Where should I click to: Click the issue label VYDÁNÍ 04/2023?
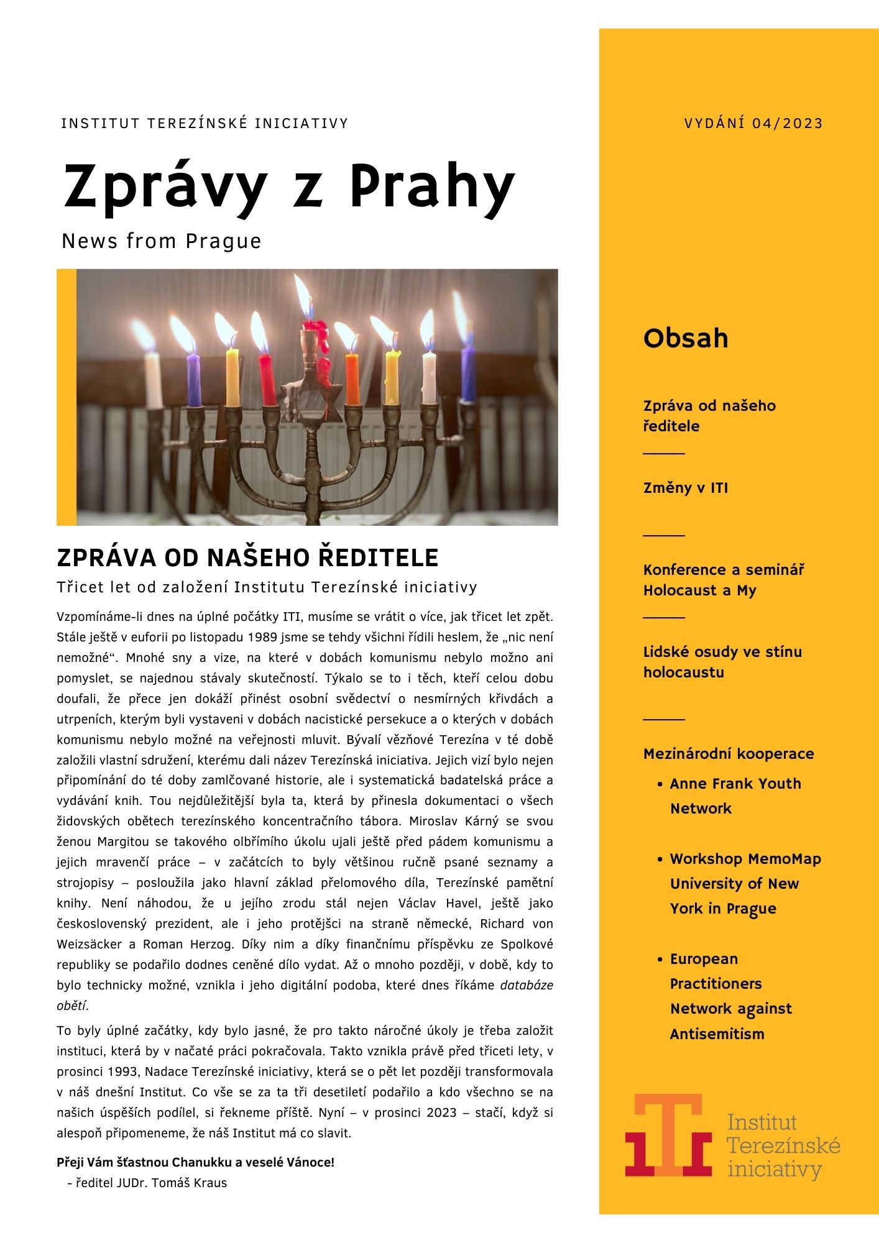point(753,123)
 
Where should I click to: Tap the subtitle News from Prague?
point(162,241)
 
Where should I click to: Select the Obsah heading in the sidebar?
point(685,338)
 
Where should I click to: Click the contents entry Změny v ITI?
point(685,488)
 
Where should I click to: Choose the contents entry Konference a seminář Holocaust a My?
point(724,580)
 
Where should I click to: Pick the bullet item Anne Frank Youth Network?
point(735,796)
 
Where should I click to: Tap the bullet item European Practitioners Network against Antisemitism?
point(730,996)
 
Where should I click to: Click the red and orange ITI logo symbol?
point(668,1135)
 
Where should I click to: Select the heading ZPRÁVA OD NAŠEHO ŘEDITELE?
point(247,557)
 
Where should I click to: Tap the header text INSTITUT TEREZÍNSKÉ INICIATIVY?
point(205,123)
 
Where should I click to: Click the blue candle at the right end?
point(467,375)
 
